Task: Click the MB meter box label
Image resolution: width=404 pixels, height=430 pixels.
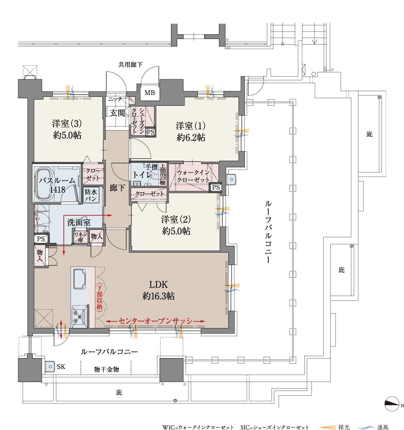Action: coord(150,93)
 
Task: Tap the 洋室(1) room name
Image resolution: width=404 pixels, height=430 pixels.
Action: coord(191,126)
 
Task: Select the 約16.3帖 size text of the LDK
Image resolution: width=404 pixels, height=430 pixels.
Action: coord(158,296)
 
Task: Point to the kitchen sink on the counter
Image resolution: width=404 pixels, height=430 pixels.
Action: coord(79,279)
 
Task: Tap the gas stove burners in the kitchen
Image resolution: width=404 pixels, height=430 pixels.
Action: coord(80,316)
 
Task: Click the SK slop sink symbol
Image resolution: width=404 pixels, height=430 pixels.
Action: coord(50,367)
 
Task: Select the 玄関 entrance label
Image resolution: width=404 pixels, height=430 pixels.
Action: coord(117,113)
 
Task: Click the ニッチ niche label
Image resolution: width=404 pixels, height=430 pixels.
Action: coord(115,99)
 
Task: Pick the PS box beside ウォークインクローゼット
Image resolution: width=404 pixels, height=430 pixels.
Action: coord(216,188)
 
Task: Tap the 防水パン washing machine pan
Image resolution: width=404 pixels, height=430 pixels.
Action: coord(91,195)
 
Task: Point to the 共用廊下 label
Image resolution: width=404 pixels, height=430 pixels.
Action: coord(131,65)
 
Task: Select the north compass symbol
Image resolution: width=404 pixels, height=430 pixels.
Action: coord(392,405)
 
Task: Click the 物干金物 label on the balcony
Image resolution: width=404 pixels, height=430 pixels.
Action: coord(107,369)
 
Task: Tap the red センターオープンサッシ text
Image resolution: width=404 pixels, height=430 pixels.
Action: coord(155,321)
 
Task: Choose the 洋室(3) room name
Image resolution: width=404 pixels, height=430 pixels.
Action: coord(67,124)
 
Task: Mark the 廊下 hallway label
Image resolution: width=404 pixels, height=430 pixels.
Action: coord(117,188)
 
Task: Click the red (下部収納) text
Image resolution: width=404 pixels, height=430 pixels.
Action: coord(100,296)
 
